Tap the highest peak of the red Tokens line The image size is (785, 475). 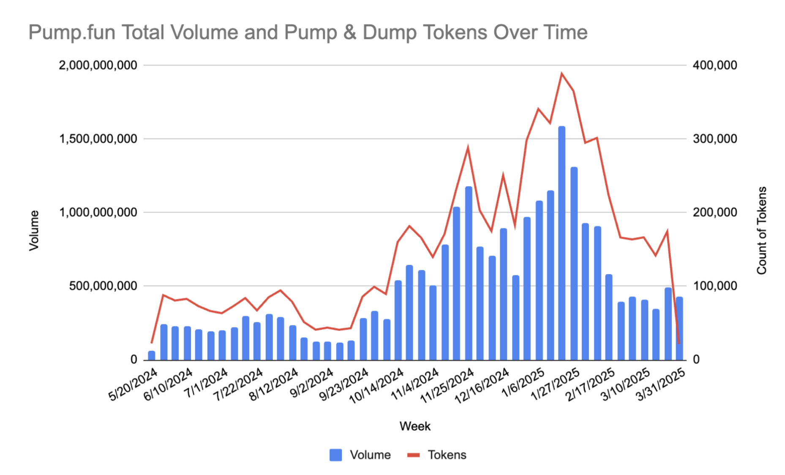pos(561,74)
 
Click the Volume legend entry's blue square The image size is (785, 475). pos(335,455)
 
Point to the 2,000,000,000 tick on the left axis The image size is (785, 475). pos(98,66)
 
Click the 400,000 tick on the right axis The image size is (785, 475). pos(714,66)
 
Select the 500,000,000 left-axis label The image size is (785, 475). pos(103,286)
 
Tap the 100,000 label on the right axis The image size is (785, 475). pos(714,286)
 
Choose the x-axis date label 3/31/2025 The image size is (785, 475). pos(661,384)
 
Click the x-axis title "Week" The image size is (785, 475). pos(415,426)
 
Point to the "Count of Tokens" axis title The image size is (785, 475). pos(761,230)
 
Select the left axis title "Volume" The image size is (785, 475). pos(34,230)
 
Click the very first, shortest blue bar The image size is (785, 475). pos(151,355)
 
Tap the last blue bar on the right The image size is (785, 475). pos(679,328)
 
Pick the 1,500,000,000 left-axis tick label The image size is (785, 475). pos(98,139)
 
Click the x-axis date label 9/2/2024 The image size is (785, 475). pos(312,382)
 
